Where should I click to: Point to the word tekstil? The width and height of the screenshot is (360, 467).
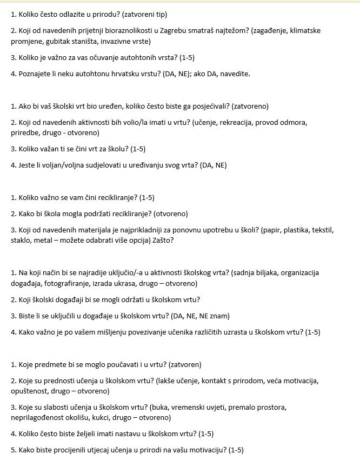pos(322,230)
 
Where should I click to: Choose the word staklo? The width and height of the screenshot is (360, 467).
pos(21,240)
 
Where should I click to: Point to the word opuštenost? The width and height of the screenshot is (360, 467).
pos(31,391)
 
